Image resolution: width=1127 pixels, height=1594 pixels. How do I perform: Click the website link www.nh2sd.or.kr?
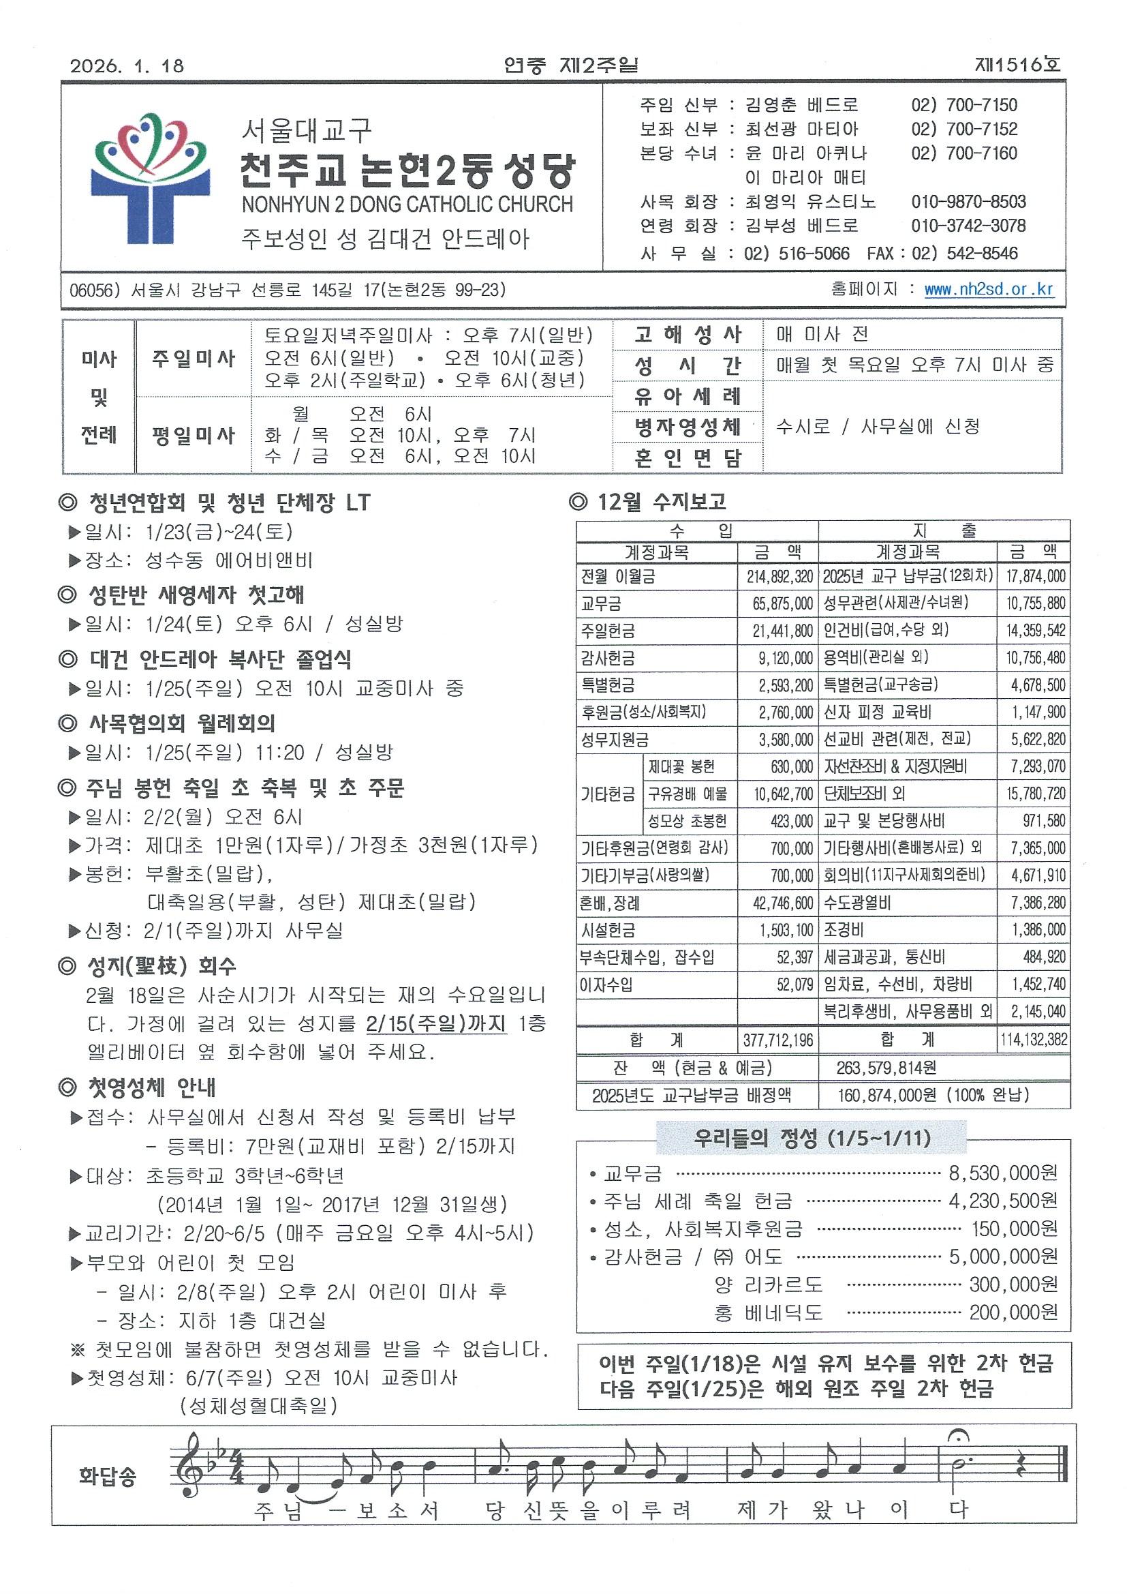pos(988,290)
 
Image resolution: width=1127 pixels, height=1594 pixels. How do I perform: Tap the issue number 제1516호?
pos(1017,65)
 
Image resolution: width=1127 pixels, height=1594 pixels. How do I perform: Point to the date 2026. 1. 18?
pos(127,66)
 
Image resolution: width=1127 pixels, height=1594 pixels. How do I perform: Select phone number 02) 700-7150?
pos(964,105)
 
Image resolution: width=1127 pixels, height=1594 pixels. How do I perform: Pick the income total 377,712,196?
pos(777,1040)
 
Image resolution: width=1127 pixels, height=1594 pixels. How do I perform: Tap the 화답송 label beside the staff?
pos(108,1477)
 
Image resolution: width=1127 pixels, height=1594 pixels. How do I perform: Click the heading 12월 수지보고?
pos(647,502)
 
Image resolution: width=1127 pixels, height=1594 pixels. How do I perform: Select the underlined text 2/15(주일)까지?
pos(436,1024)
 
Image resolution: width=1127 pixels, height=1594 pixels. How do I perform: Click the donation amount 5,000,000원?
pos(1003,1257)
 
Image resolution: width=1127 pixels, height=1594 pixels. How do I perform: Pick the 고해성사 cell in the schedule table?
pos(688,335)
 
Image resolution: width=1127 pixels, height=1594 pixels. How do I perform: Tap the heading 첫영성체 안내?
pos(138,1087)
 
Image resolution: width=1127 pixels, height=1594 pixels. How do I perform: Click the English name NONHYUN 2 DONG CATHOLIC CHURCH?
pos(407,204)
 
